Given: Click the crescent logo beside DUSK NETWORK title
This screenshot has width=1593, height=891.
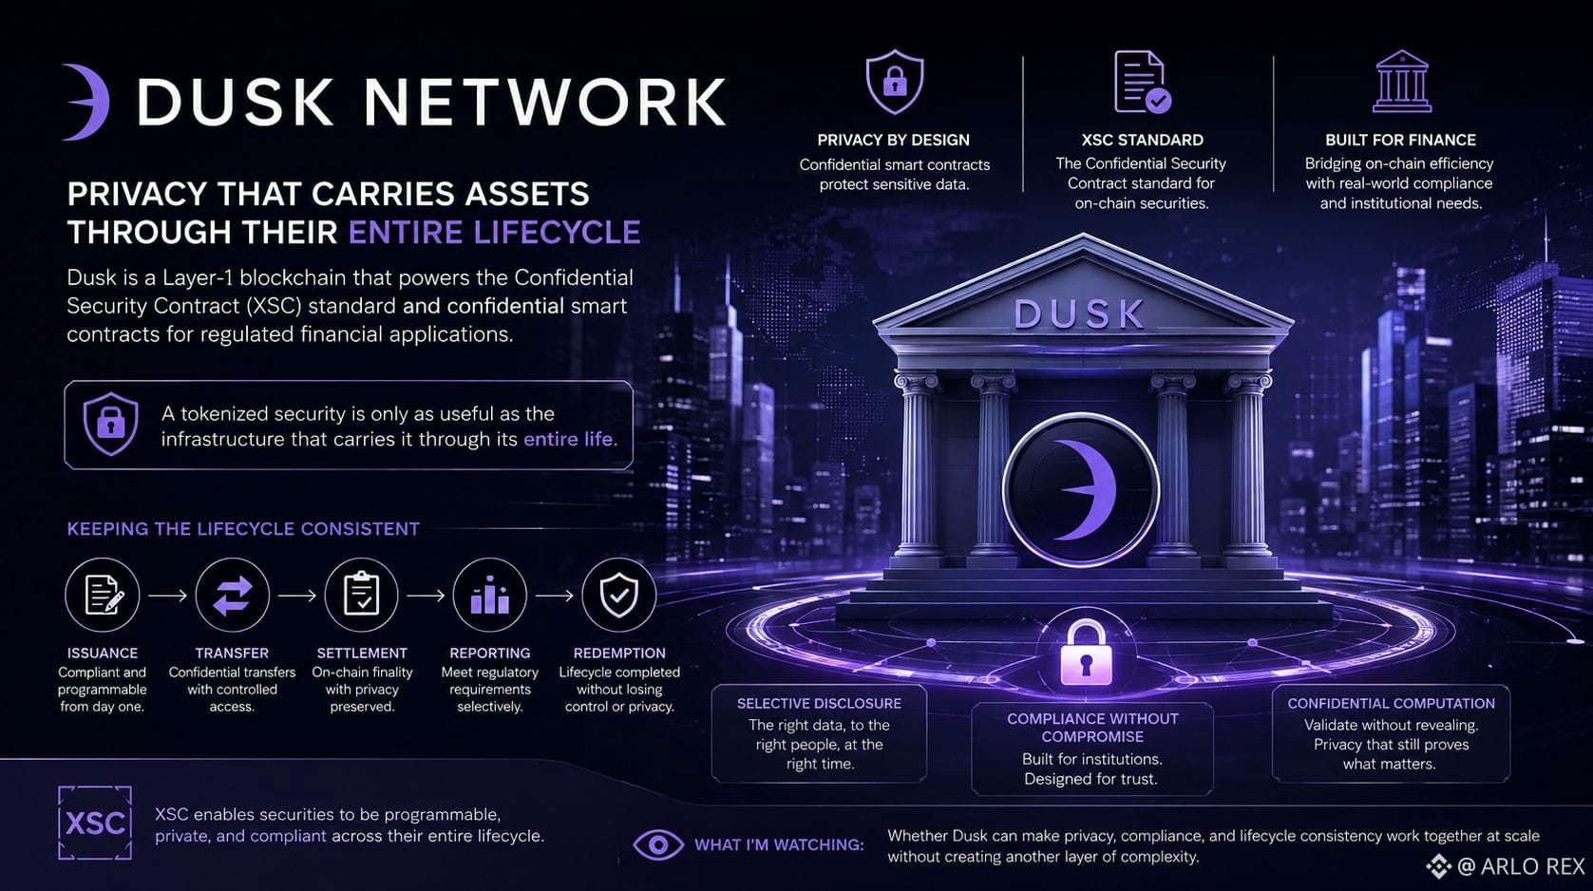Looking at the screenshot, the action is [86, 102].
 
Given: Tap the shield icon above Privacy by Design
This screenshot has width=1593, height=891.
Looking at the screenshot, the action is [895, 82].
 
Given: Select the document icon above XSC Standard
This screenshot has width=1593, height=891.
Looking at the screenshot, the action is [1142, 82].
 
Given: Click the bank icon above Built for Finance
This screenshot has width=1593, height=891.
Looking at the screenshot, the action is [1401, 81].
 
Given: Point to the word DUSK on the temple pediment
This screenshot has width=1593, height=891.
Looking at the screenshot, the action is [1079, 314].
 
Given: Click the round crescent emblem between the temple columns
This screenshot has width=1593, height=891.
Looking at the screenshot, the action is [1080, 489].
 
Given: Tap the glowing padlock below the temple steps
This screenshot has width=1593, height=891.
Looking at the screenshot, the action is [1085, 652].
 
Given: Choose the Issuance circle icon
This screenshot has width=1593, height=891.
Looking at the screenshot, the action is [103, 596].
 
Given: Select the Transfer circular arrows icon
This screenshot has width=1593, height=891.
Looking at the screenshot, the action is [232, 596].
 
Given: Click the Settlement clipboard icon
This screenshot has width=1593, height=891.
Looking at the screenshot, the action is [361, 596].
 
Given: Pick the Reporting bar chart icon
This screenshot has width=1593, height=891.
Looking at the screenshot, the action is [490, 596].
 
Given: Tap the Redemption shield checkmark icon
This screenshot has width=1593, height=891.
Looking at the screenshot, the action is [618, 596].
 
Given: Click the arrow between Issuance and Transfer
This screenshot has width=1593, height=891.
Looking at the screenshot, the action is [167, 596].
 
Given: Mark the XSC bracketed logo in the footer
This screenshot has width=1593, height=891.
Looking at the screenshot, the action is [95, 823].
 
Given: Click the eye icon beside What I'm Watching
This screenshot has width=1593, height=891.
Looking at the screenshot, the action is [658, 844].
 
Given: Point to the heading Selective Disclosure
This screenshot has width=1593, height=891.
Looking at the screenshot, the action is [819, 703].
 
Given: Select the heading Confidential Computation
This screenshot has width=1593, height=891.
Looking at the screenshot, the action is [1391, 703].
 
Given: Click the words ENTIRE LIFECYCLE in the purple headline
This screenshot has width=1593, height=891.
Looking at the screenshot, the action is [494, 233].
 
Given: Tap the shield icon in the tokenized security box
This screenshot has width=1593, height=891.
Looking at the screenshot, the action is [110, 424].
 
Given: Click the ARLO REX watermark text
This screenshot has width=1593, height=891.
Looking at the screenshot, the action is [1532, 866].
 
